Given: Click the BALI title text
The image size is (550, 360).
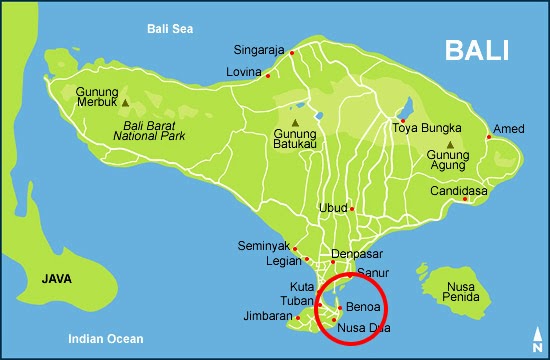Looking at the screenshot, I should [x=478, y=51].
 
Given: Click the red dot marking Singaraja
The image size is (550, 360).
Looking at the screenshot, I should [x=292, y=53].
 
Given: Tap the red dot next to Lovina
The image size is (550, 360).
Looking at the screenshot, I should [x=268, y=75].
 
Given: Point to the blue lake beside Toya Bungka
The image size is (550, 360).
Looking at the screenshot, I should [x=407, y=106].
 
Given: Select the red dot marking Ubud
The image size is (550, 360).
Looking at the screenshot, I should [x=352, y=209].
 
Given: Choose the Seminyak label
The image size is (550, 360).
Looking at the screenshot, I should [x=264, y=246].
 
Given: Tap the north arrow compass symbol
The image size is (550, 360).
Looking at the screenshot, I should [x=537, y=337].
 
